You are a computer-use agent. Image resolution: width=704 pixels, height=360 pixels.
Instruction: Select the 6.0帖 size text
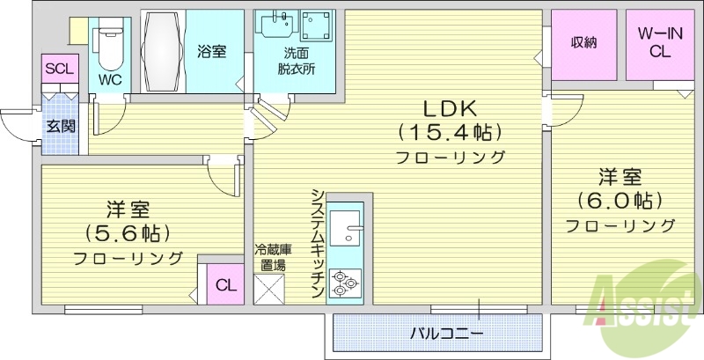click(620, 199)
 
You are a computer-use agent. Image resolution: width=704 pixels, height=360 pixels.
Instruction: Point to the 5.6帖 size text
click(128, 233)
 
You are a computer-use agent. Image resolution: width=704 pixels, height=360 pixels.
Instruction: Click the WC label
click(110, 78)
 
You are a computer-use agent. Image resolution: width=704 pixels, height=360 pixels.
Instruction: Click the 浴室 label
click(211, 51)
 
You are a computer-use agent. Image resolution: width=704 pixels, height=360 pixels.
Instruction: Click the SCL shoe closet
click(60, 69)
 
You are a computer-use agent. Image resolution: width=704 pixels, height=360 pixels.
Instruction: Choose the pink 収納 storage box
click(583, 43)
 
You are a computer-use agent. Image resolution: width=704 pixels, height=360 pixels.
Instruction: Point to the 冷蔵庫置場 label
click(270, 256)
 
